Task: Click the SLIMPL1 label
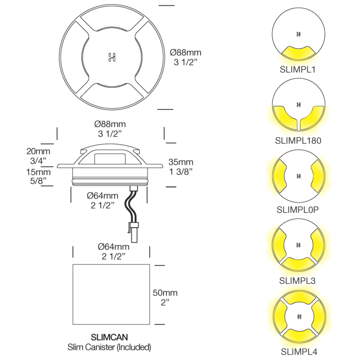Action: (297, 70)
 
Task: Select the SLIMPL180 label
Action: (298, 140)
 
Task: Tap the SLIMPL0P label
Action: (297, 210)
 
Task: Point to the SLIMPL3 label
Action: (297, 280)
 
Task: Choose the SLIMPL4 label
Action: (299, 351)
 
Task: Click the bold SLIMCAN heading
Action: (109, 337)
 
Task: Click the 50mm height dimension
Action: (165, 293)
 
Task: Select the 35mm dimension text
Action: (181, 162)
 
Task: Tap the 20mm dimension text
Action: (38, 151)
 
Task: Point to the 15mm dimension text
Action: (38, 172)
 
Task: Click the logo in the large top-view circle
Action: (112, 57)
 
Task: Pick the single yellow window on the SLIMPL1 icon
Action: (298, 53)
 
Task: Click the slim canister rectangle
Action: (111, 294)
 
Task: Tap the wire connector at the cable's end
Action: (134, 232)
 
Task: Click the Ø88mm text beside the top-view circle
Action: (185, 53)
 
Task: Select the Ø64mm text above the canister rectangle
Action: (113, 247)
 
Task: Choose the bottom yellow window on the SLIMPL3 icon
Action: (298, 264)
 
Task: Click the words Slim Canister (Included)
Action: (109, 347)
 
